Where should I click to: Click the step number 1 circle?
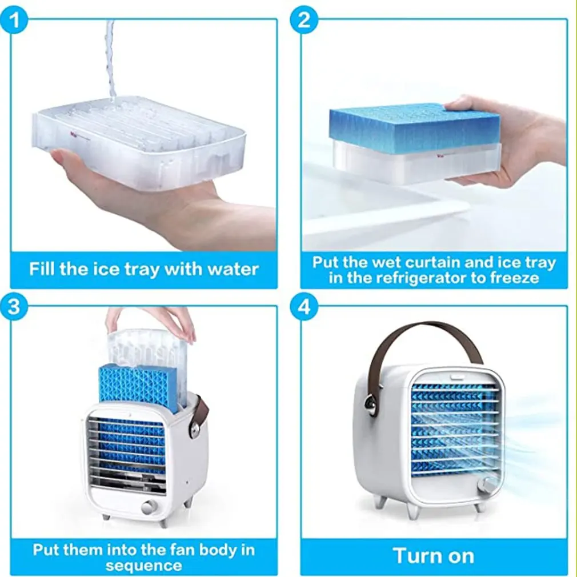[x=17, y=21]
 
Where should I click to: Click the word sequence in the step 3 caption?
[x=144, y=566]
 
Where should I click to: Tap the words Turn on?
[x=433, y=555]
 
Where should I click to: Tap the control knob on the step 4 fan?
[x=487, y=486]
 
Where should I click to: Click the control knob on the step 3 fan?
[x=150, y=507]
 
